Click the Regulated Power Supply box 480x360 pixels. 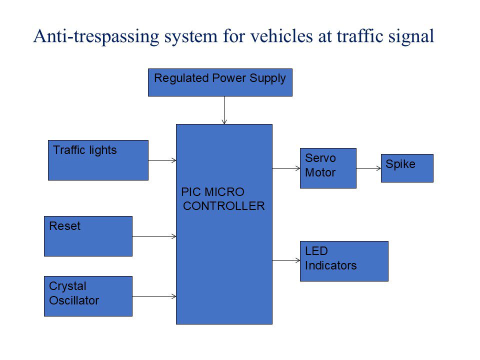point(220,82)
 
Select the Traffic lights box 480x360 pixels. point(98,160)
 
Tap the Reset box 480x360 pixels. point(88,236)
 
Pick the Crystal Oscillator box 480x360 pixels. point(88,296)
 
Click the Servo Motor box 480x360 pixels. point(328,168)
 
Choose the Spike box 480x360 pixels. point(407,168)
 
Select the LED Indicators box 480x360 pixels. point(344,261)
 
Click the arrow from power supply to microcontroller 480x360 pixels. point(224,110)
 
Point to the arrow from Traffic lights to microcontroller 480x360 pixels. point(162,160)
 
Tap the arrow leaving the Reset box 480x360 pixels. point(154,236)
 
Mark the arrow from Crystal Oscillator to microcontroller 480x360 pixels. point(154,296)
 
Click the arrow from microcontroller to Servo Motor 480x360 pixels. point(286,168)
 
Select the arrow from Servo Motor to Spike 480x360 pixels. point(368,168)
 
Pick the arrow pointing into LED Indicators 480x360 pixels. point(286,260)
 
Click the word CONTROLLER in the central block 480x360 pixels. point(224,206)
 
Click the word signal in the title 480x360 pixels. point(409,36)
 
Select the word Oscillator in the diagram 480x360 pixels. point(74,300)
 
